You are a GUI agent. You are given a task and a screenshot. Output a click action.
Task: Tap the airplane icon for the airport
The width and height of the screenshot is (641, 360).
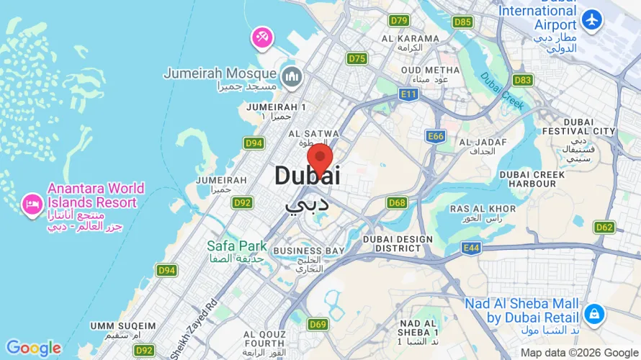[593, 20]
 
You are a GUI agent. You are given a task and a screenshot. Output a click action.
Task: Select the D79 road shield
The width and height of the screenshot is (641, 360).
[398, 20]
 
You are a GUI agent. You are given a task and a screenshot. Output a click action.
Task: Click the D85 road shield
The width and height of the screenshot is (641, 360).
[462, 22]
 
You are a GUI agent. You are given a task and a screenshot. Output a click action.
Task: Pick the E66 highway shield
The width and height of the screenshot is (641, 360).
[436, 135]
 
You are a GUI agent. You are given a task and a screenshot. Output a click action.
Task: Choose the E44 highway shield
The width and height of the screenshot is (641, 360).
[472, 248]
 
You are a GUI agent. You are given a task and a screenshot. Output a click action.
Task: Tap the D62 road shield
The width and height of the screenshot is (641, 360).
[604, 228]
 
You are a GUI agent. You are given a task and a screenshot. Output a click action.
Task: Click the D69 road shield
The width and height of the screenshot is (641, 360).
[318, 325]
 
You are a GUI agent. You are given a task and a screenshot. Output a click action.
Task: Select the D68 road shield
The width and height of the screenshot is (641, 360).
[397, 203]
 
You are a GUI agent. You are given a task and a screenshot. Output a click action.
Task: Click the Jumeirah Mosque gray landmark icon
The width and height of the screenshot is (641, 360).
[292, 75]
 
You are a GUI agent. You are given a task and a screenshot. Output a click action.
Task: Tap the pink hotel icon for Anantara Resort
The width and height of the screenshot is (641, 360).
[32, 203]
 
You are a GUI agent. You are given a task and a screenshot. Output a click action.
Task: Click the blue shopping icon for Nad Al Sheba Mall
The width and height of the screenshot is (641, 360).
[594, 314]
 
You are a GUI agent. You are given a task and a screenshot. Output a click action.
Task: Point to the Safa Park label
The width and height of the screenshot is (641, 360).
[237, 246]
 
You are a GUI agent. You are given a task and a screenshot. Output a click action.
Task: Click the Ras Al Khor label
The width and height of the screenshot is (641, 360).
[483, 209]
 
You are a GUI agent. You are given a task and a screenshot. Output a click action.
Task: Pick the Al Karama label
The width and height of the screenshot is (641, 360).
[411, 38]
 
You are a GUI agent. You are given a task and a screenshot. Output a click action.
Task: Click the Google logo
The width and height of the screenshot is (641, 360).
[33, 348]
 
